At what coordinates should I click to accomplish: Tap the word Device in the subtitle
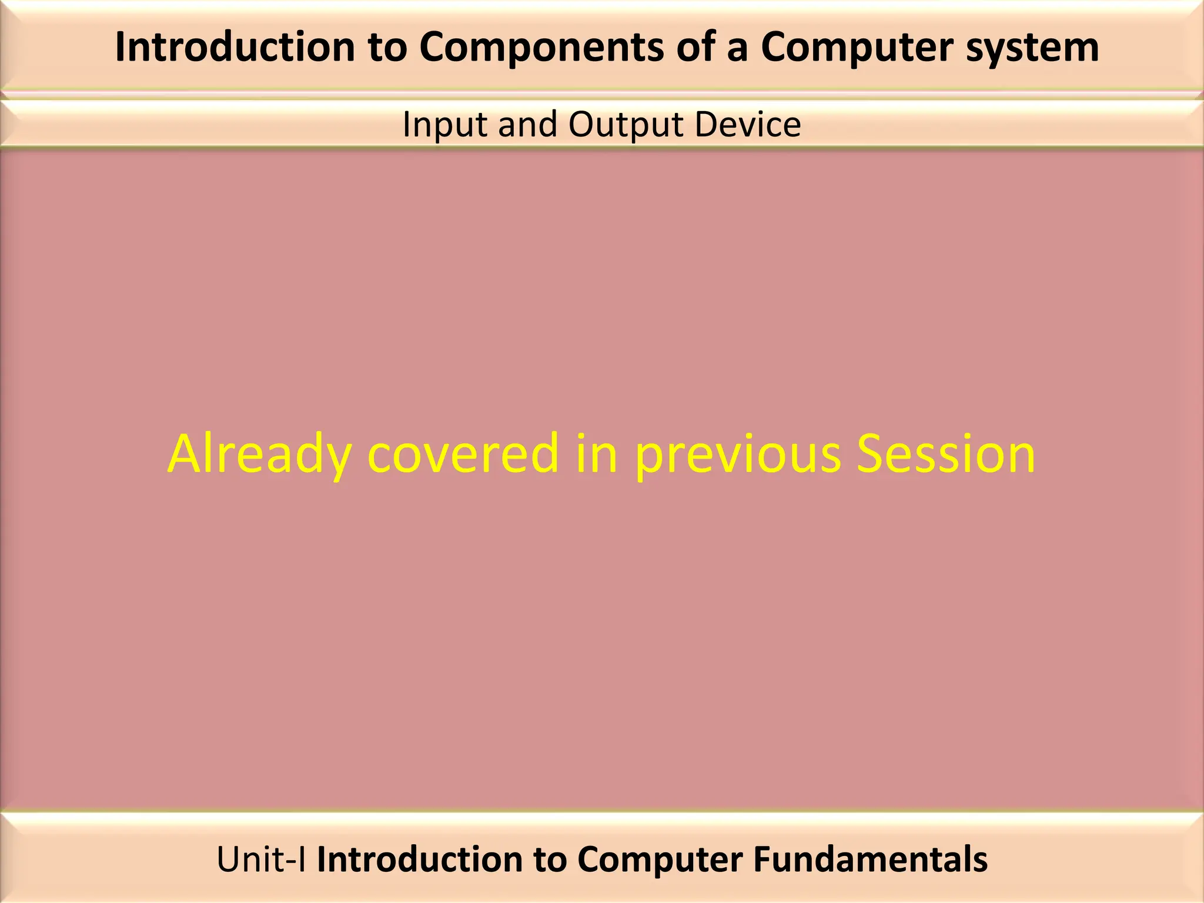[747, 125]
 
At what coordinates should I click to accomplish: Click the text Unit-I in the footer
[261, 860]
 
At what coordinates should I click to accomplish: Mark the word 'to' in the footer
[550, 860]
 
